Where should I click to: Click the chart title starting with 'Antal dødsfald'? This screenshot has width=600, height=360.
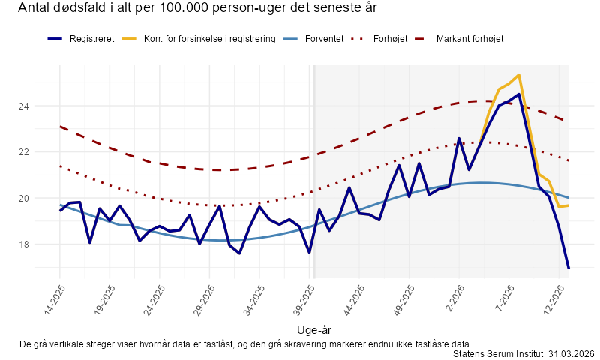[x=196, y=9]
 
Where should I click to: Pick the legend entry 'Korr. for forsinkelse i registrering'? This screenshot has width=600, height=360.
[x=209, y=39]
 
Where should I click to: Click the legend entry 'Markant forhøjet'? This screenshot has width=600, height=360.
[x=469, y=39]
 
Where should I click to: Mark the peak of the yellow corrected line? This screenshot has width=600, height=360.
[x=519, y=75]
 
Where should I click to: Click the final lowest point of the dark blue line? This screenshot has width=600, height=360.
[x=568, y=268]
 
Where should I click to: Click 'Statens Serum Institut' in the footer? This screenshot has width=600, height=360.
[x=498, y=353]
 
